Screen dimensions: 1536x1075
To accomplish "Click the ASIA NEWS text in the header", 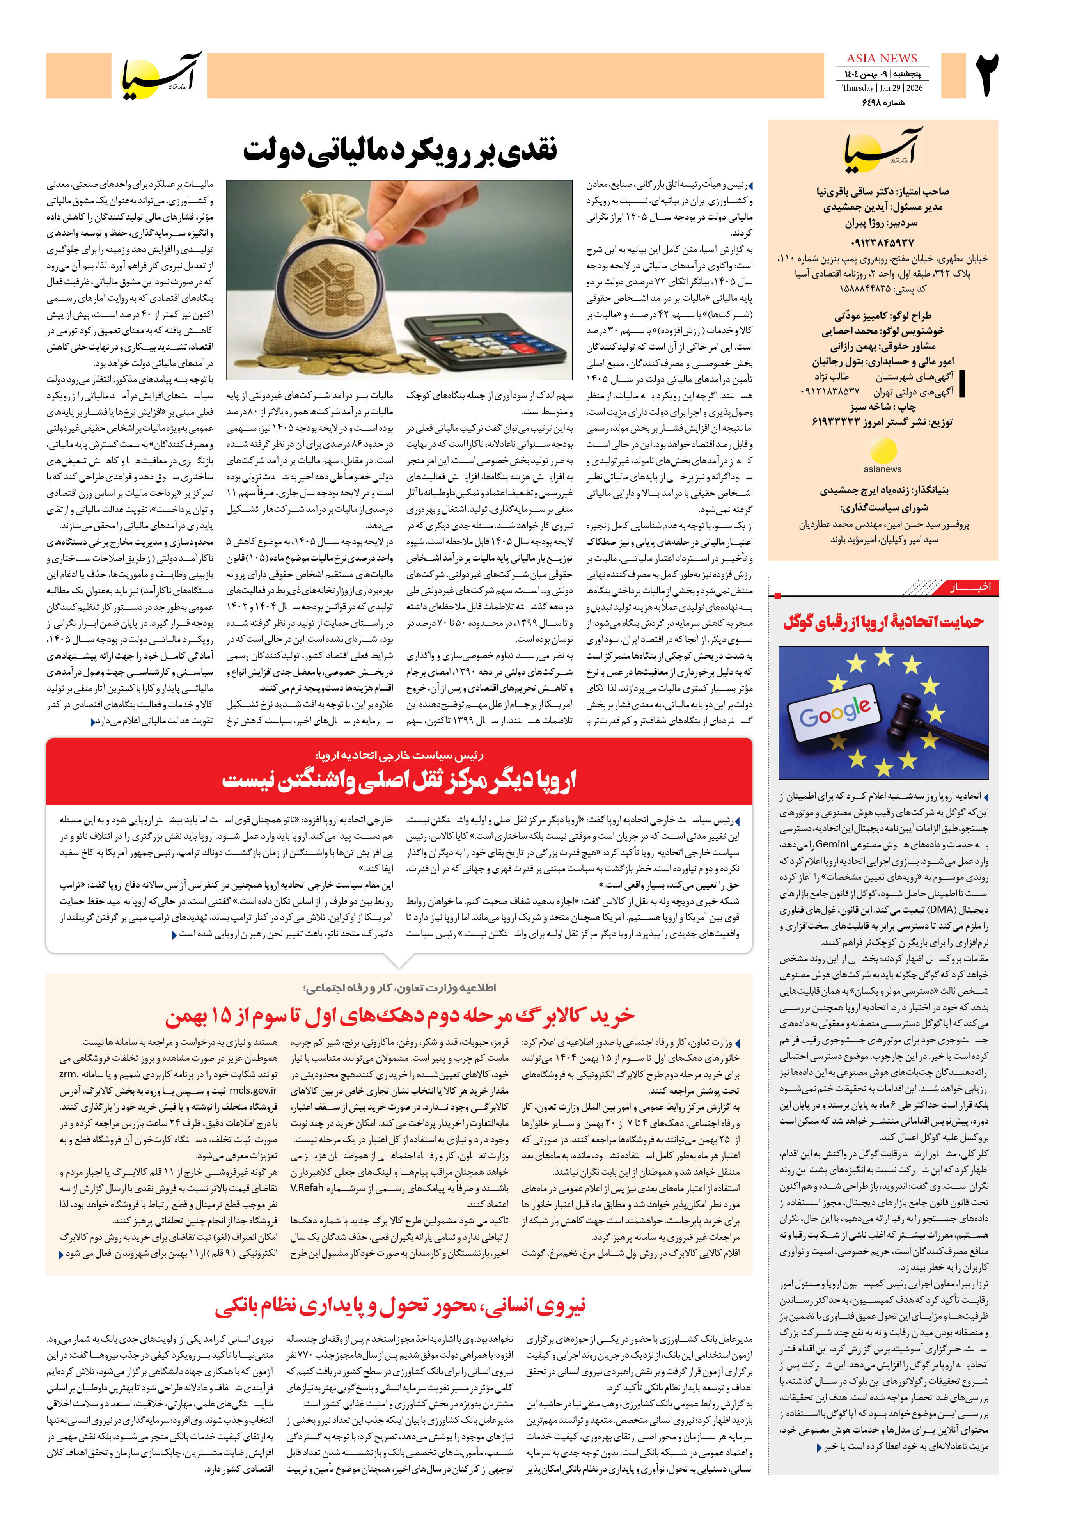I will coord(882,58).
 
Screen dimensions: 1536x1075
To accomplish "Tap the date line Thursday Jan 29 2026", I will coord(882,88).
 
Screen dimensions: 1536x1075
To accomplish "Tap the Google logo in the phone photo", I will coord(836,712).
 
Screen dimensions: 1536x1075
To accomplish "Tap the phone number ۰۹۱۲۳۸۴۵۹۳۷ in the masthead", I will coord(882,242).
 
